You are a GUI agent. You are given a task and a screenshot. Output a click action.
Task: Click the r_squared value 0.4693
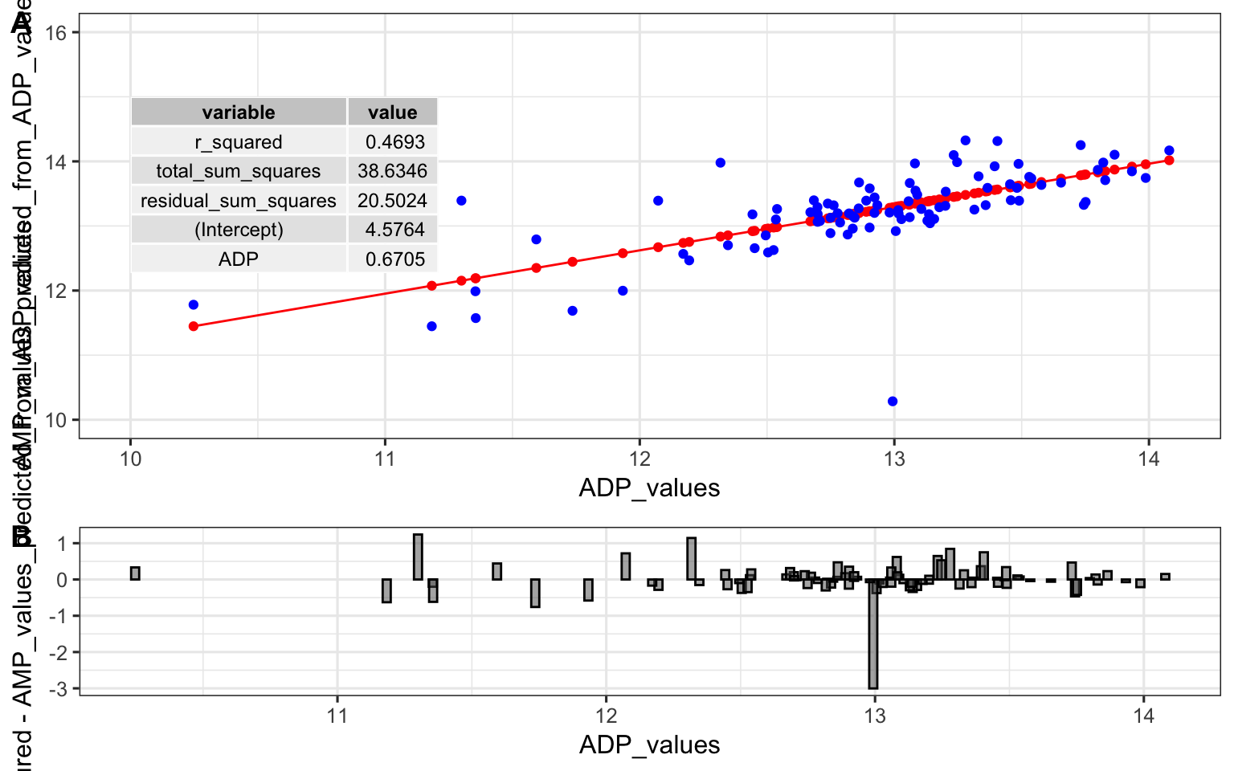tap(394, 142)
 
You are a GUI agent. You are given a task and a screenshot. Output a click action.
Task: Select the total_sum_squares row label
tap(239, 171)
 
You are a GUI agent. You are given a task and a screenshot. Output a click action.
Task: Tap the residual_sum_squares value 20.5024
tap(392, 201)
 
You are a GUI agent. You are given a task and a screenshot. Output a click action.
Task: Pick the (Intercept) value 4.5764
tap(394, 230)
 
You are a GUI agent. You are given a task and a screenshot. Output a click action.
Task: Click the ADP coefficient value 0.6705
tap(394, 259)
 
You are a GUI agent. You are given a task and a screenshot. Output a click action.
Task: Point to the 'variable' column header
tap(239, 112)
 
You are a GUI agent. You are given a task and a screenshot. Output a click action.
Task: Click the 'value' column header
tap(392, 112)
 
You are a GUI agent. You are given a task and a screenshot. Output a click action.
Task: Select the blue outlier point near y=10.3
tap(893, 402)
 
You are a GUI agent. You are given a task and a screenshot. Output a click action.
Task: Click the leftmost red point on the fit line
tap(194, 326)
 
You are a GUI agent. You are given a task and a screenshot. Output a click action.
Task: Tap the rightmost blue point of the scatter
tap(1169, 150)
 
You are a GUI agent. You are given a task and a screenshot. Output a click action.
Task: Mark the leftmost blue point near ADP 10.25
tap(194, 304)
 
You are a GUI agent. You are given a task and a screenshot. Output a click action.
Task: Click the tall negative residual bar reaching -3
tap(873, 634)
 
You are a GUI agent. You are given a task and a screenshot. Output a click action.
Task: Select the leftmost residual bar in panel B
tap(135, 573)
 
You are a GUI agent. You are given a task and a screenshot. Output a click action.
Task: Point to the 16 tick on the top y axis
tap(56, 32)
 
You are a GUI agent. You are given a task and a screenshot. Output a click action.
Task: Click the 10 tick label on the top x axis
tap(130, 459)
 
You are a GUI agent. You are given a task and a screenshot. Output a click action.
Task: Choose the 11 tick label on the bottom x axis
tap(337, 716)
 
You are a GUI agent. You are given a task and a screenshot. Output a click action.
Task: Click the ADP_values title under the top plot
tap(649, 488)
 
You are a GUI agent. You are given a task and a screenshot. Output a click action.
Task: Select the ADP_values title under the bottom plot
tap(649, 744)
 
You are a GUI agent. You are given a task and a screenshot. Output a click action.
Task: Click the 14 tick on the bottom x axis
tap(1143, 716)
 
